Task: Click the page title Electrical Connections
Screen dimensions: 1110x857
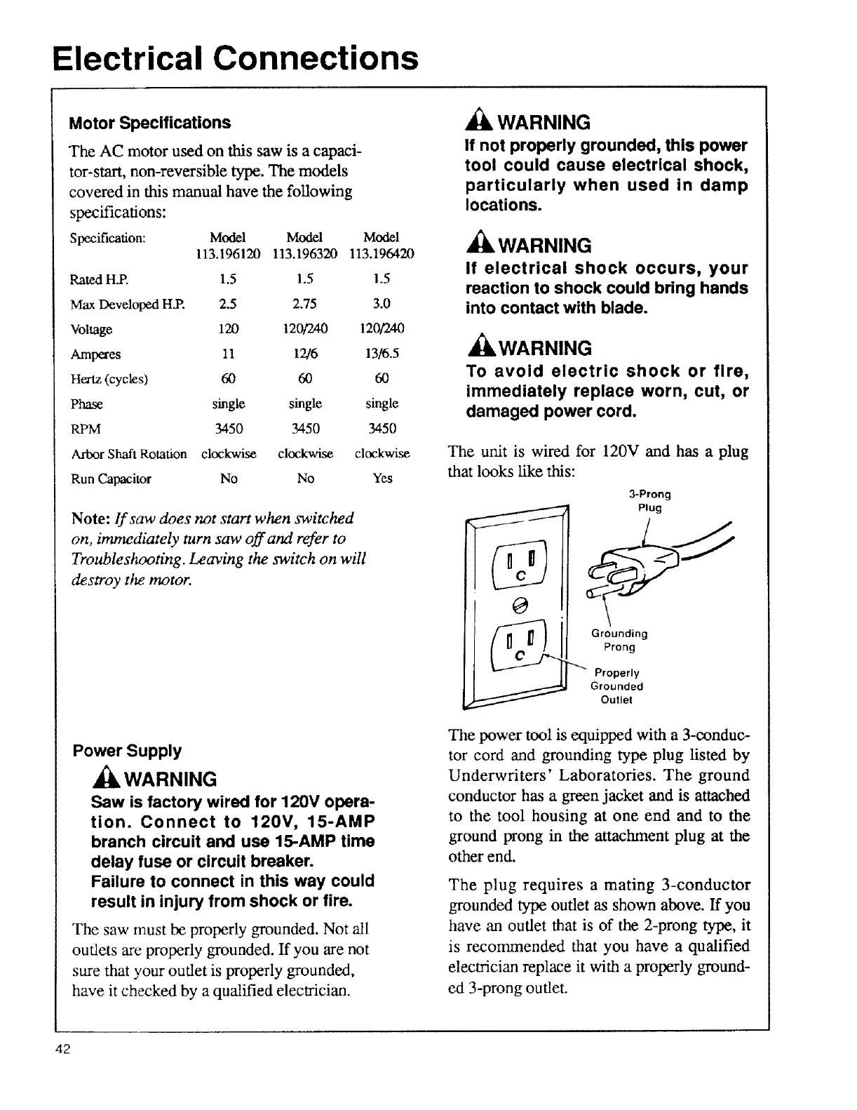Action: click(236, 58)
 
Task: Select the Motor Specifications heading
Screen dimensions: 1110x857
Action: click(149, 123)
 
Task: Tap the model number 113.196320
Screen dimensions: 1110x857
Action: click(304, 253)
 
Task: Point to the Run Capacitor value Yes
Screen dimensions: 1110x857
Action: click(383, 479)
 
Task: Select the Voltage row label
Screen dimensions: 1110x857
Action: click(91, 329)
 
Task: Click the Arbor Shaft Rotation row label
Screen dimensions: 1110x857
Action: click(129, 454)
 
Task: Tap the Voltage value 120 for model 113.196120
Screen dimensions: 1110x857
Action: click(229, 329)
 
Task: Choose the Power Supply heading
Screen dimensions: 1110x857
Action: click(127, 751)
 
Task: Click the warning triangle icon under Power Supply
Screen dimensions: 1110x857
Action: click(101, 779)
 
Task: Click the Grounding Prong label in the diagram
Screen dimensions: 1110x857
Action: click(620, 640)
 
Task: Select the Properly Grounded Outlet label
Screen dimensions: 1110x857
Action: click(617, 686)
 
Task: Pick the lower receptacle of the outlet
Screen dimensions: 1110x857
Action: click(520, 646)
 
